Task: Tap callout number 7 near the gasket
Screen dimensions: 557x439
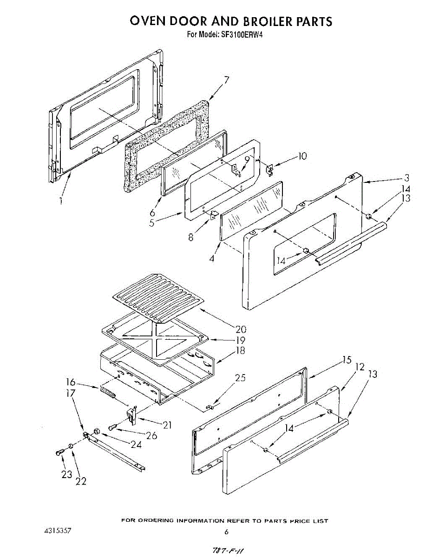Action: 226,80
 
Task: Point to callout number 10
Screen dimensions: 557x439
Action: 302,156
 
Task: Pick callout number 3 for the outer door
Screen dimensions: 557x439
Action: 406,177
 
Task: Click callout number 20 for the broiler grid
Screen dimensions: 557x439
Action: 241,330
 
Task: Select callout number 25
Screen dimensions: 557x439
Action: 240,378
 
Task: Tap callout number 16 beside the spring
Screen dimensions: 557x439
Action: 70,382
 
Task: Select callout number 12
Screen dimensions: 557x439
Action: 360,367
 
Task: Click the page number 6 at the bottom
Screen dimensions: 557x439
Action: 226,532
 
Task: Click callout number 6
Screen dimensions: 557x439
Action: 152,213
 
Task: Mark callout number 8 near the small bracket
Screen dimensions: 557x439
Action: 191,237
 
